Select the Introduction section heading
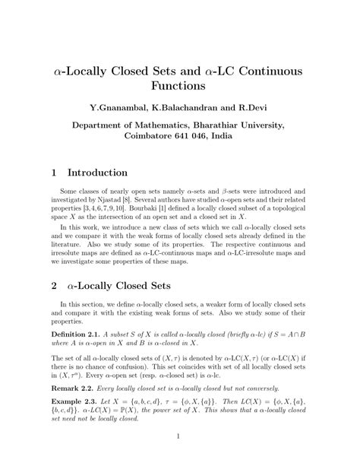[x=97, y=173]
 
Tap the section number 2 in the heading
[x=54, y=286]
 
